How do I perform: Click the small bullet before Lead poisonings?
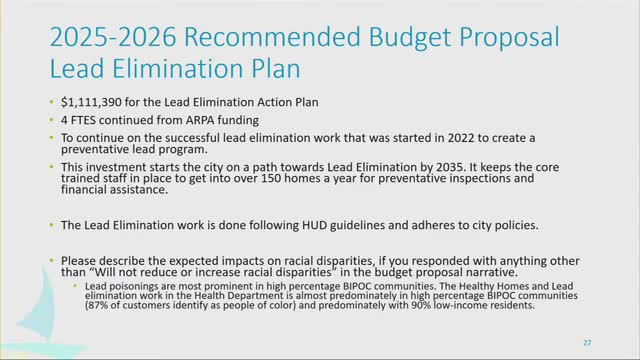click(x=79, y=284)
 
